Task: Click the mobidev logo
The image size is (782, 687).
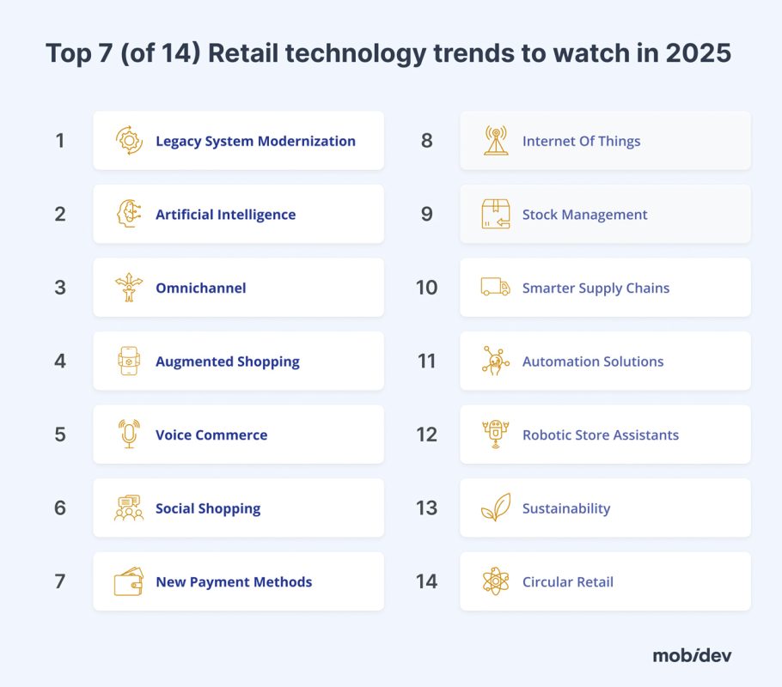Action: pos(692,655)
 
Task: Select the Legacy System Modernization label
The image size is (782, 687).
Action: pos(255,141)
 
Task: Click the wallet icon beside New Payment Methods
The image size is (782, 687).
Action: pos(129,581)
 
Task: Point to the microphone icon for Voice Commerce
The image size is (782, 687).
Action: pos(129,435)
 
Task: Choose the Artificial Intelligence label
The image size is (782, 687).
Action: pos(225,215)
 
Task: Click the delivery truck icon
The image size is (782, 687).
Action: pos(496,288)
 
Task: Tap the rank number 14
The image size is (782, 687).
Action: pos(426,581)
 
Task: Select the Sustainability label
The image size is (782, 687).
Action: pos(566,508)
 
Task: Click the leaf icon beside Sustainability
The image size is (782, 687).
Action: pos(496,508)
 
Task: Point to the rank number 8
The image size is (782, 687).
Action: pos(426,141)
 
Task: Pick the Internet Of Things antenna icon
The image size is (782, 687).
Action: pos(496,141)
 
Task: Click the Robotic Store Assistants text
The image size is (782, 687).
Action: pos(601,435)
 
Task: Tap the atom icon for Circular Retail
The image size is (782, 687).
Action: pos(496,581)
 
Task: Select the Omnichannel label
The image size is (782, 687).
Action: pos(200,288)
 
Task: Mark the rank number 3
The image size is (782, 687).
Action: pos(60,288)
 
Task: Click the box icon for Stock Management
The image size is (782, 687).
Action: pos(496,215)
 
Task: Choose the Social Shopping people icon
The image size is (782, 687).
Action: pos(129,508)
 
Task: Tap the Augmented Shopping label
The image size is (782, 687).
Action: pos(228,362)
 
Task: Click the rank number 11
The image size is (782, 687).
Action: pos(426,362)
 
